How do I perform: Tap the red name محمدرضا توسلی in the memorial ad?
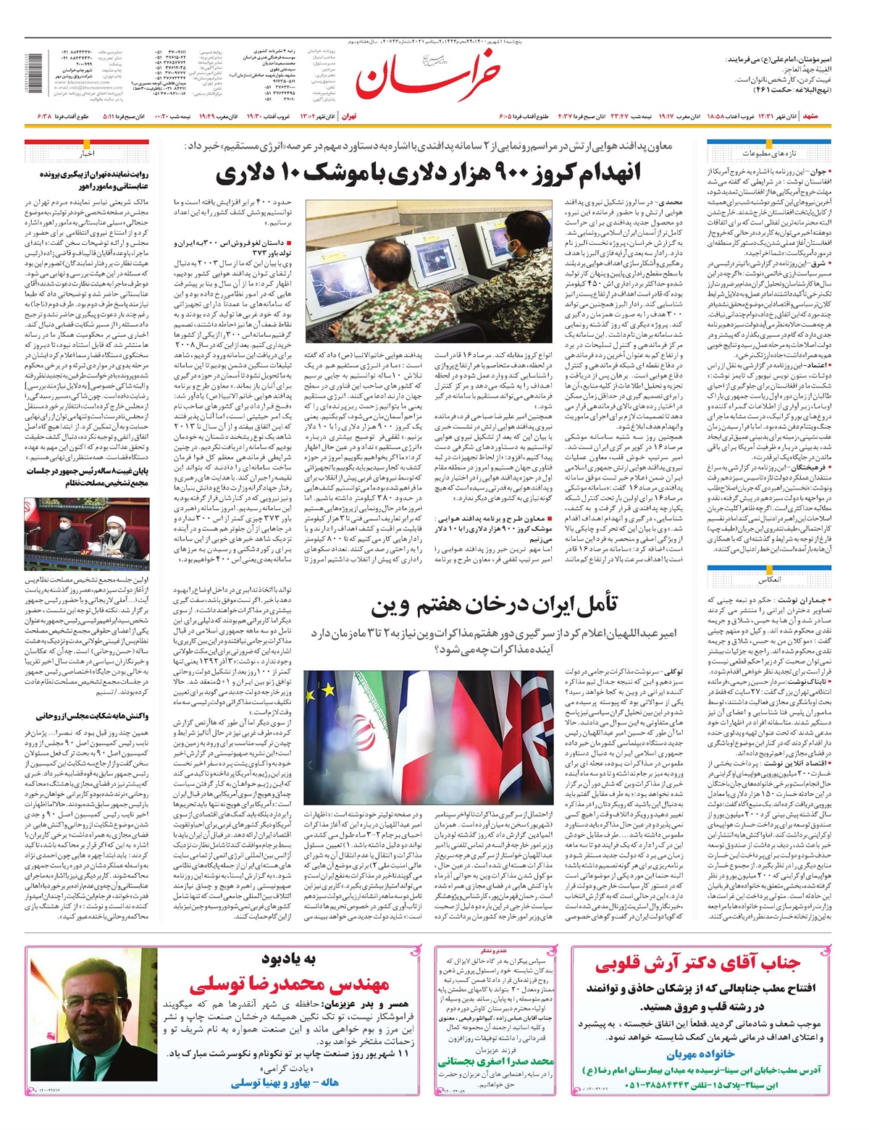point(290,984)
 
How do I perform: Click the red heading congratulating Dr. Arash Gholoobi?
point(698,964)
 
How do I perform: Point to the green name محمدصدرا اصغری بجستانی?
point(496,1061)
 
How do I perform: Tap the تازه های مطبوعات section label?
point(768,154)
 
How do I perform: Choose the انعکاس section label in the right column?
point(768,580)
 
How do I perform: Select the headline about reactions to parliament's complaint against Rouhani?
point(92,716)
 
